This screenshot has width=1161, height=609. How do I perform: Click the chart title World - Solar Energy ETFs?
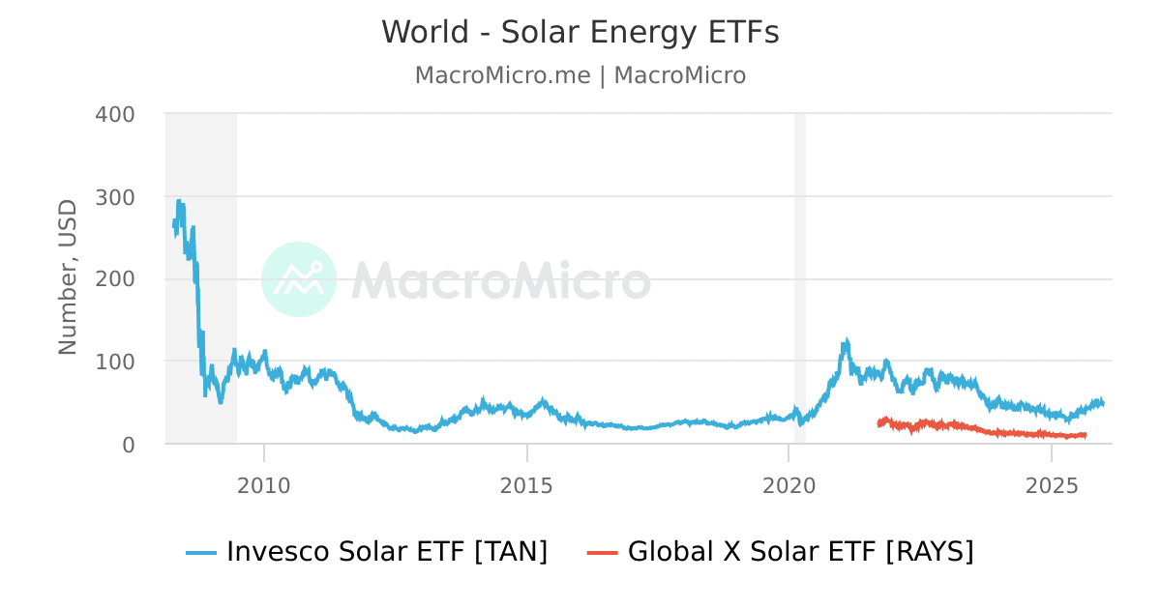point(580,33)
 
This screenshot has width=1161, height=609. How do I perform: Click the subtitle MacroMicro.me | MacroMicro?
point(580,75)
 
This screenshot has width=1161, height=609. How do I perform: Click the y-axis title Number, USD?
point(68,277)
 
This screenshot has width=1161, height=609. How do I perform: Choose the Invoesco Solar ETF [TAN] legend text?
point(387,552)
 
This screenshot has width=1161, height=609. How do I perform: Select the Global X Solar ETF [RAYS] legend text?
point(800,552)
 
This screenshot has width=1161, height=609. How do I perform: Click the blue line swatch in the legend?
point(201,553)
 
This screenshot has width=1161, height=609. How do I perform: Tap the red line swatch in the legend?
point(602,553)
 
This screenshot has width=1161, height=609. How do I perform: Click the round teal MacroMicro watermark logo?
point(299,279)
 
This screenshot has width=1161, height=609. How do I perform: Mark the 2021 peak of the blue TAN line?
point(847,342)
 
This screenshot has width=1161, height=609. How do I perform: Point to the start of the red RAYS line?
point(878,423)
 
